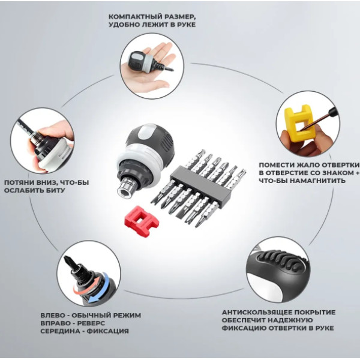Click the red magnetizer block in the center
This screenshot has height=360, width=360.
(x=142, y=218)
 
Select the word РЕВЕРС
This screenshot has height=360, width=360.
(x=91, y=323)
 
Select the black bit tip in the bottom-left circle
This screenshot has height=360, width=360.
(x=70, y=262)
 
